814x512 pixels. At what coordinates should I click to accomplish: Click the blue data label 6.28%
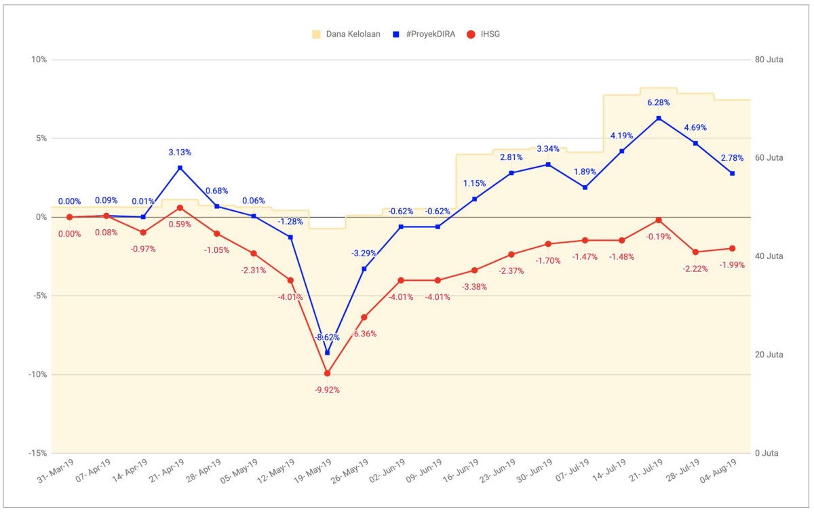click(x=659, y=103)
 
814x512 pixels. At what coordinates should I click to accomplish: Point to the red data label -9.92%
click(x=327, y=390)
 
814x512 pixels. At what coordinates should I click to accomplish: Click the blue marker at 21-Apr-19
click(x=180, y=168)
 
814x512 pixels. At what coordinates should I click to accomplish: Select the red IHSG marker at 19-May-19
click(x=327, y=373)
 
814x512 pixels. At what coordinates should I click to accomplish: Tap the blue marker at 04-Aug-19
click(x=733, y=173)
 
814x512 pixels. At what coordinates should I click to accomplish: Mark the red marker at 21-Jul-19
click(x=659, y=220)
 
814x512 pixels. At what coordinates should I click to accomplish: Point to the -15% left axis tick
click(x=37, y=453)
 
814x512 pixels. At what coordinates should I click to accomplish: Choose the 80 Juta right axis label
click(x=769, y=60)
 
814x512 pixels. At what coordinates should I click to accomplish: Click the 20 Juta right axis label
click(x=769, y=355)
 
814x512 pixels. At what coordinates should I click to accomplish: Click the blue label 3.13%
click(x=180, y=153)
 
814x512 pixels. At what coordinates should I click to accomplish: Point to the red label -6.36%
click(x=364, y=334)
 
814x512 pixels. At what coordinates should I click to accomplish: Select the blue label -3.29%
click(x=364, y=253)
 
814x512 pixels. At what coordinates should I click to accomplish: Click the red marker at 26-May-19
click(x=364, y=317)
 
